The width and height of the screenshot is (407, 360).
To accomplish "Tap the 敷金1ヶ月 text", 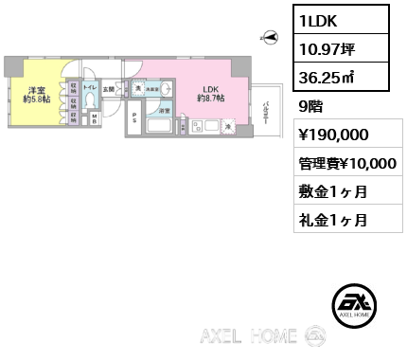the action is (331, 191).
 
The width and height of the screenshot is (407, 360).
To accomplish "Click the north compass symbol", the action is (270, 39).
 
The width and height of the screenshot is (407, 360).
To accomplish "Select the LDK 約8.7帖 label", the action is (209, 95).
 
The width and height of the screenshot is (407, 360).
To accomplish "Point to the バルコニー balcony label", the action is (268, 116).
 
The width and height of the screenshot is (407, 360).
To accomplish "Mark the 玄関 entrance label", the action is (109, 90).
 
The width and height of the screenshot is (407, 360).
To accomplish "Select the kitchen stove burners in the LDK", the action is (200, 127).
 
